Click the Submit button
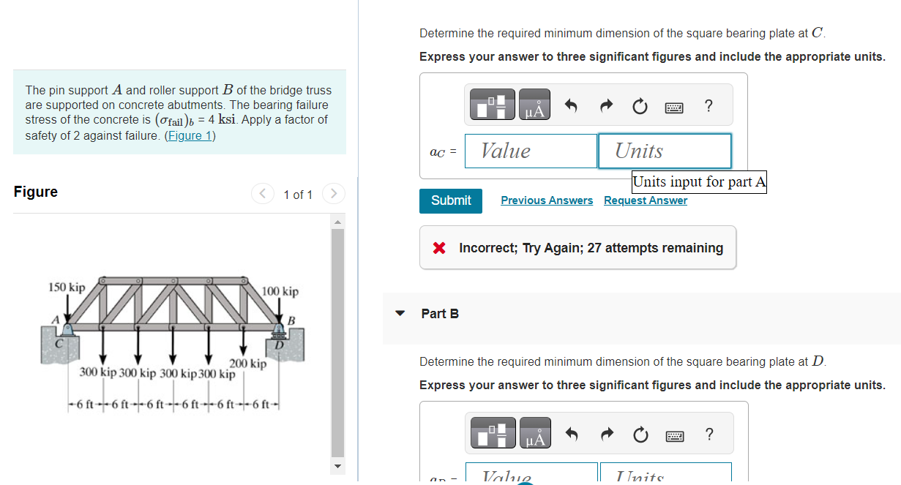(450, 200)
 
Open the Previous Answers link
(547, 200)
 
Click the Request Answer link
(645, 200)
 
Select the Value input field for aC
(531, 151)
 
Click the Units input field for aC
(664, 151)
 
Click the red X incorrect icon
(439, 248)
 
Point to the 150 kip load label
(67, 287)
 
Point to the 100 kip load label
(280, 292)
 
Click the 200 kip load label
(248, 364)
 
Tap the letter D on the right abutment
(279, 345)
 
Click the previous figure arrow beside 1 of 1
(262, 194)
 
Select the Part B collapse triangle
(400, 314)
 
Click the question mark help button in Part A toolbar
(708, 107)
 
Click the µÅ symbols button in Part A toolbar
(535, 107)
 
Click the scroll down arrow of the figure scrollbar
(337, 465)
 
